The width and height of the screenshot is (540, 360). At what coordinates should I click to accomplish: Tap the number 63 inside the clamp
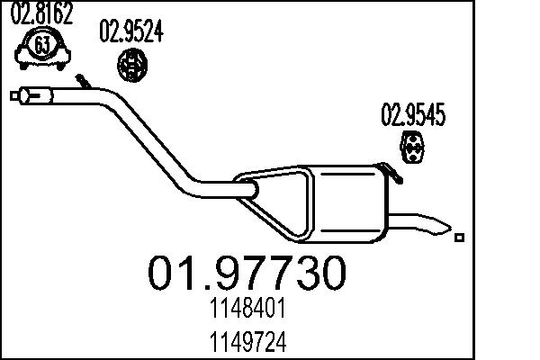pos(40,46)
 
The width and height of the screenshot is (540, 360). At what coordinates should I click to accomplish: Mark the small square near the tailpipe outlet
pos(460,238)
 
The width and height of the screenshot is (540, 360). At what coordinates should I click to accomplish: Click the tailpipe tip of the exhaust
pos(432,223)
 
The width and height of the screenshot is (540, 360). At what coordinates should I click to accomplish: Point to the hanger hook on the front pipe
pos(83,82)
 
